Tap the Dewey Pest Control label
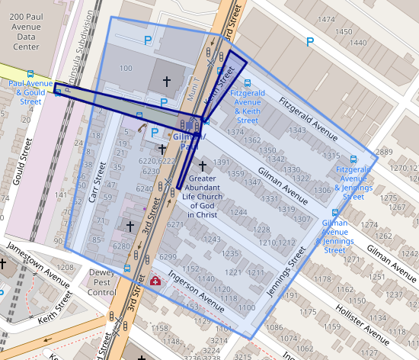[x=102, y=281]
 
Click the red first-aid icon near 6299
[x=155, y=281]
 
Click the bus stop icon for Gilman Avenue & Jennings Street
[x=335, y=213]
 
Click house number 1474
[x=326, y=19]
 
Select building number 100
[x=126, y=69]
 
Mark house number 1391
[x=222, y=162]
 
